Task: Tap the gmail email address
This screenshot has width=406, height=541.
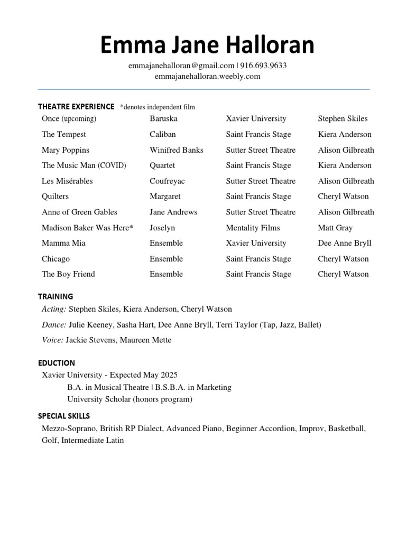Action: click(181, 66)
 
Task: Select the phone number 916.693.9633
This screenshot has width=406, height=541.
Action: click(264, 66)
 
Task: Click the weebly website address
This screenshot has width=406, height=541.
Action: click(207, 76)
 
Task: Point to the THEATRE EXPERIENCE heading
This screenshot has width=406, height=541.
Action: click(76, 107)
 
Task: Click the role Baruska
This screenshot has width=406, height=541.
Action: click(163, 118)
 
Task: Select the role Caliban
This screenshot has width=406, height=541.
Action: click(163, 134)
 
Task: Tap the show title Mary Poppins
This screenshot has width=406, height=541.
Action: click(66, 150)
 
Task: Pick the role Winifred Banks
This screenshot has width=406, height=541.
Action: click(177, 150)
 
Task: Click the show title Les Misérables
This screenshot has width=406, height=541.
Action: click(67, 181)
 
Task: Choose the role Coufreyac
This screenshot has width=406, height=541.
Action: click(167, 181)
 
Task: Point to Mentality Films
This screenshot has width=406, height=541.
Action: click(253, 228)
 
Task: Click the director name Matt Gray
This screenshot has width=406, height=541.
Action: click(335, 228)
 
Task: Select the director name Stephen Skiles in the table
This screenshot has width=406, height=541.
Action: click(343, 118)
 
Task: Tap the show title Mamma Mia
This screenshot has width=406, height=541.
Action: click(63, 243)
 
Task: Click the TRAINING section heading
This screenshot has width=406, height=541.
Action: click(56, 296)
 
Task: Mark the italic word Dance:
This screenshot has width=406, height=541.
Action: click(54, 324)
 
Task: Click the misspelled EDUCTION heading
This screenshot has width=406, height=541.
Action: click(57, 363)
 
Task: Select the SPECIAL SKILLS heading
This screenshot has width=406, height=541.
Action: click(64, 416)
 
